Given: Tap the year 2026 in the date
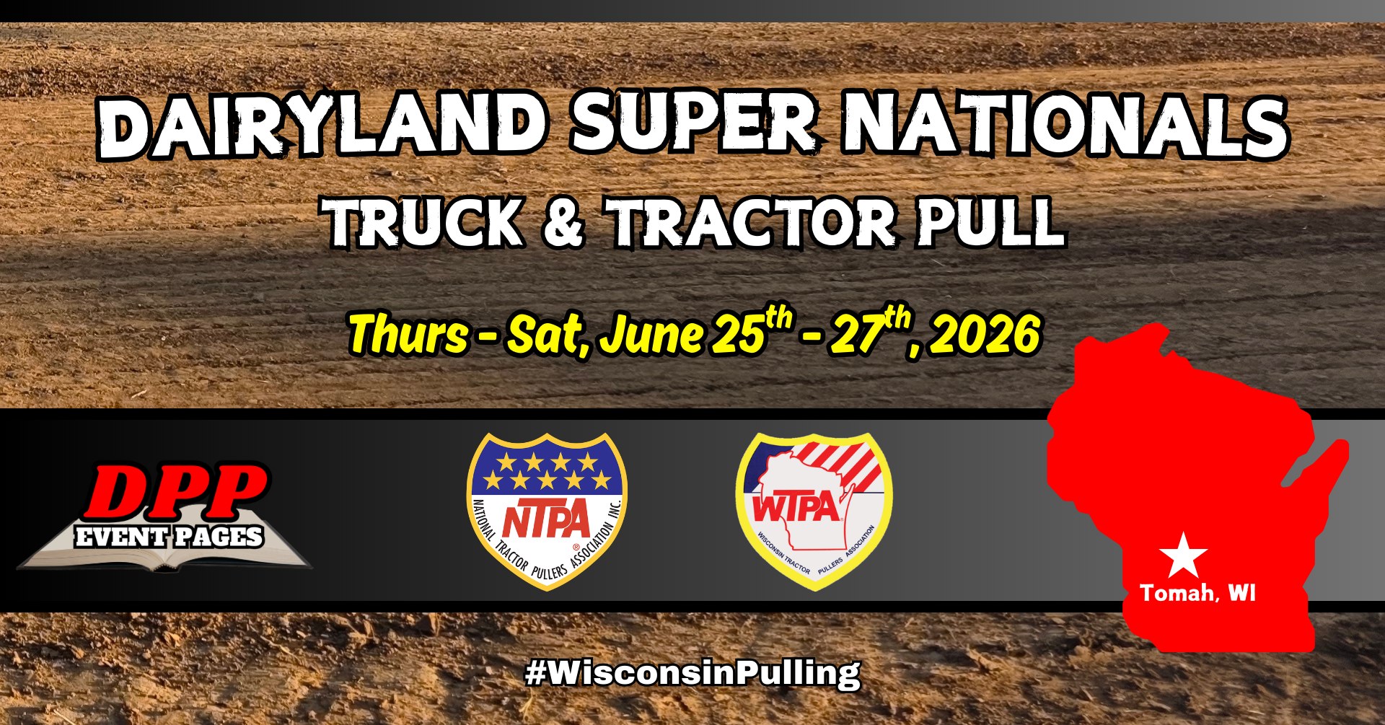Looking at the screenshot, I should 985,335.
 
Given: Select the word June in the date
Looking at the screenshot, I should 652,335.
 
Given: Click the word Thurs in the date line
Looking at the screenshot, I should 408,335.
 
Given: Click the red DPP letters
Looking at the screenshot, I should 176,493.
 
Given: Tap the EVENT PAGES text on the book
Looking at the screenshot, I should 169,537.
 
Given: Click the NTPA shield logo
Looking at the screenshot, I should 547,511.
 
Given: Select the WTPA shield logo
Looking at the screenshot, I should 814,511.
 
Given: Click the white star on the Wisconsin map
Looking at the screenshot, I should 1183,556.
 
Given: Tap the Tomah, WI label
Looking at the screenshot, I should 1198,593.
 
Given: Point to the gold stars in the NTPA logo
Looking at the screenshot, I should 546,470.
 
